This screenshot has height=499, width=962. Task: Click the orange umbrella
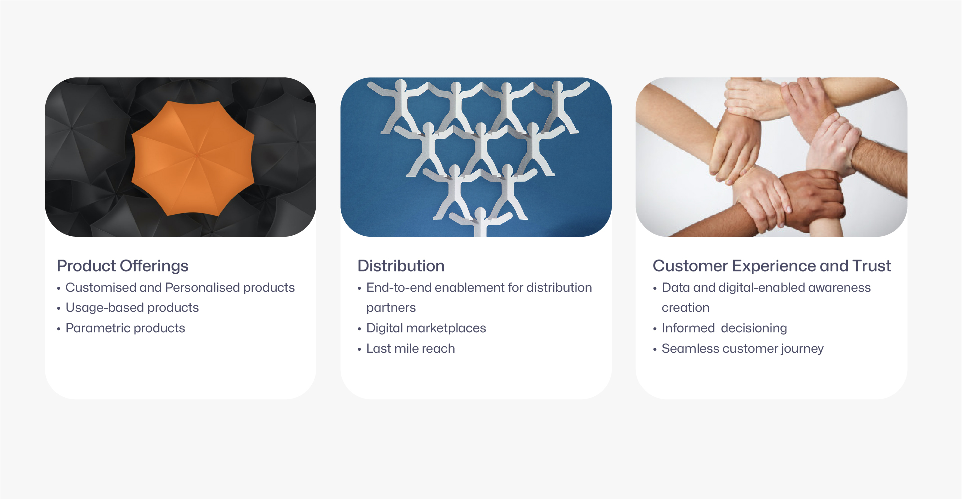[193, 158]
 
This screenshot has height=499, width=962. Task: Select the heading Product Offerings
[122, 266]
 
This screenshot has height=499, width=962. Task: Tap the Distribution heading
[401, 266]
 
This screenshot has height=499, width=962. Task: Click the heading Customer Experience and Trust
[771, 266]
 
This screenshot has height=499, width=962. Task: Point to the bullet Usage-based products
[132, 308]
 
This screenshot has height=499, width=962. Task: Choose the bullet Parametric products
[125, 328]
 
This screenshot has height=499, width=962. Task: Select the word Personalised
[202, 288]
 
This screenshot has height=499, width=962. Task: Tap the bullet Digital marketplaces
[426, 328]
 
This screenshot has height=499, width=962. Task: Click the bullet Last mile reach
[410, 349]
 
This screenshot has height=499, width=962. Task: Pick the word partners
[391, 308]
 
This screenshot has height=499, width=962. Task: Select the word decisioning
[754, 328]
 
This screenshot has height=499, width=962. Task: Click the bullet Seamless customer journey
[742, 349]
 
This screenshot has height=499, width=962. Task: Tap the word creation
[685, 308]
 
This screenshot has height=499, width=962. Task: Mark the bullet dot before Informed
[655, 329]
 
